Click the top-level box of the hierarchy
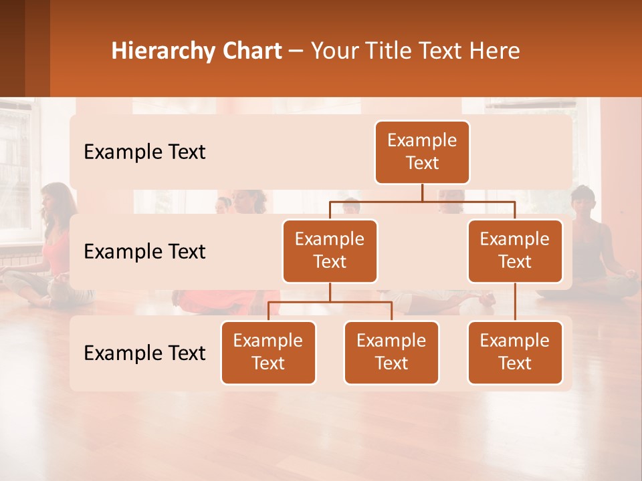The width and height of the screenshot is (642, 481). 422,152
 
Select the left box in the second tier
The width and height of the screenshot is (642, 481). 330,251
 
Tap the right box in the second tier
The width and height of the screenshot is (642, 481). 515,251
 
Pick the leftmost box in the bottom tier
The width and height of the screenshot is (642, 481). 268,353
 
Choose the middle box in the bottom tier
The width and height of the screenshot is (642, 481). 391,353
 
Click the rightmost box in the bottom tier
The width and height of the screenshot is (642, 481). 515,353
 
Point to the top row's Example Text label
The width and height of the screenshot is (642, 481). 144,152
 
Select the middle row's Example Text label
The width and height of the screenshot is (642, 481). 144,252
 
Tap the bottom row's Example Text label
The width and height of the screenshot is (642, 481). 144,353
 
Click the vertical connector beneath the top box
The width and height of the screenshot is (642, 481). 422,192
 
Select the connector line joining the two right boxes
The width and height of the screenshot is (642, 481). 515,302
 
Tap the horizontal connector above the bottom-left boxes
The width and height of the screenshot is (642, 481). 330,302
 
